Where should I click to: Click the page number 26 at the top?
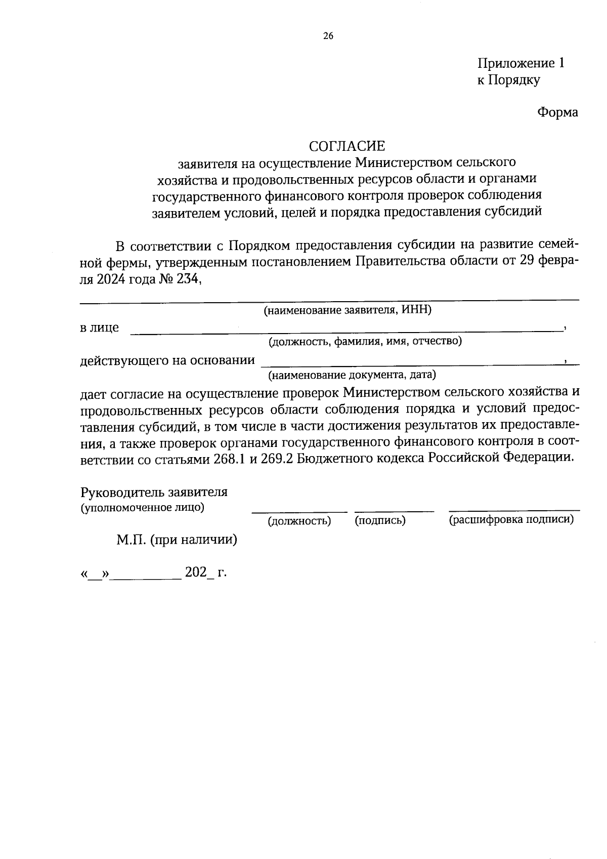point(328,36)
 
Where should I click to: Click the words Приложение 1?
point(521,63)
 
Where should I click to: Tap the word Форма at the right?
point(557,112)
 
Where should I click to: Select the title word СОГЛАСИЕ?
point(347,146)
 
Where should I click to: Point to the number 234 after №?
point(187,278)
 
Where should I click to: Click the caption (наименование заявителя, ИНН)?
point(347,310)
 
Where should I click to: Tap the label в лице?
point(99,328)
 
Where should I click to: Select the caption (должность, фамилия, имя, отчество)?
point(365,341)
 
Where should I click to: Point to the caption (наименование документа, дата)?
point(352,375)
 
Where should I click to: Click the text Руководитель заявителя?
point(154,492)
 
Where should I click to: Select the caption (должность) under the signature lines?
point(299,521)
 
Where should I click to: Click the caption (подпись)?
point(380,520)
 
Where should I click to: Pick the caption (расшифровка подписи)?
point(511,519)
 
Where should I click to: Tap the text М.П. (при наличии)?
point(177,540)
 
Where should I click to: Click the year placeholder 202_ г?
point(205,573)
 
